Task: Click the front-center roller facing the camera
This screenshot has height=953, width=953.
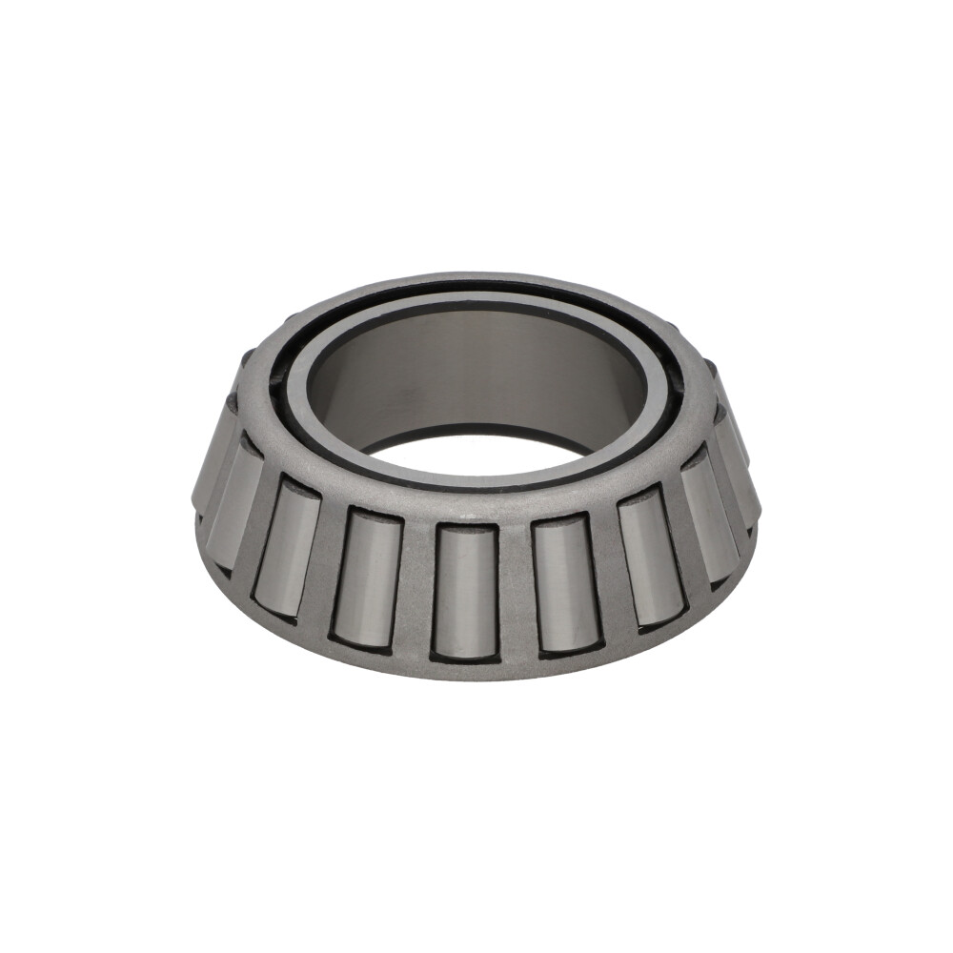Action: pos(465,591)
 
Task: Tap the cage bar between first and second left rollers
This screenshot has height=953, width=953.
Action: pos(327,562)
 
